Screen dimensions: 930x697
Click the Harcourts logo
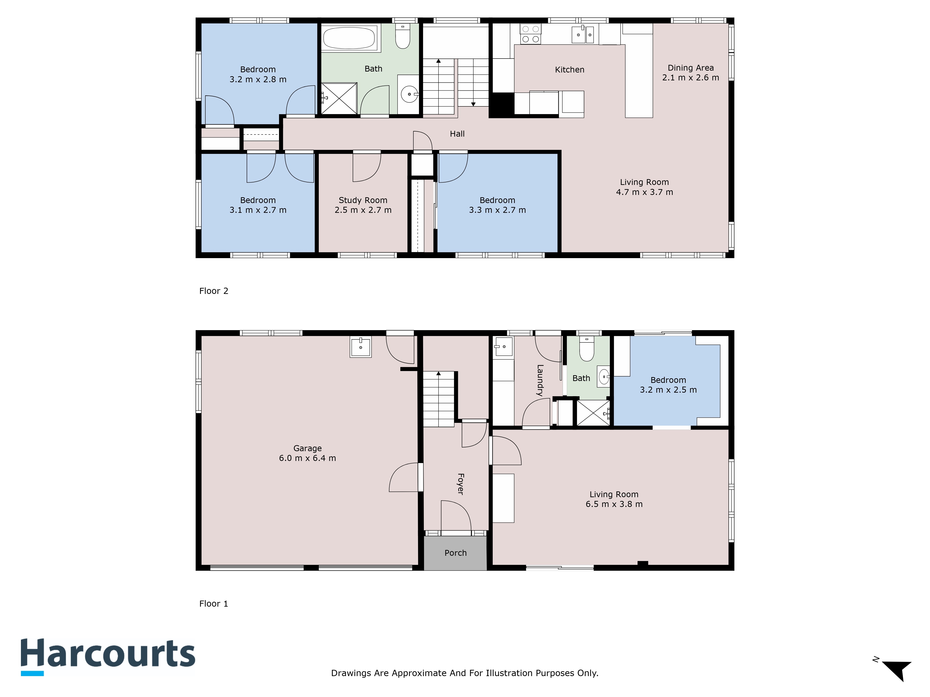tap(108, 657)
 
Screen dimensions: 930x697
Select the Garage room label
tap(307, 448)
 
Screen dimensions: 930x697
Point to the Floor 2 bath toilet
tap(403, 36)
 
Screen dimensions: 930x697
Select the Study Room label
tap(363, 201)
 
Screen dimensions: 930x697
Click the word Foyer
tap(460, 484)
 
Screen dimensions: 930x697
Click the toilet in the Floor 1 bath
tap(587, 349)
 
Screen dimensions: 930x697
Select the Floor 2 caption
tap(214, 291)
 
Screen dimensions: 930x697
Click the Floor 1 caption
tap(214, 604)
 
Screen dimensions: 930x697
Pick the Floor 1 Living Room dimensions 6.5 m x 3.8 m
tap(614, 504)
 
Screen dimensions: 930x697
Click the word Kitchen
tap(570, 70)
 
